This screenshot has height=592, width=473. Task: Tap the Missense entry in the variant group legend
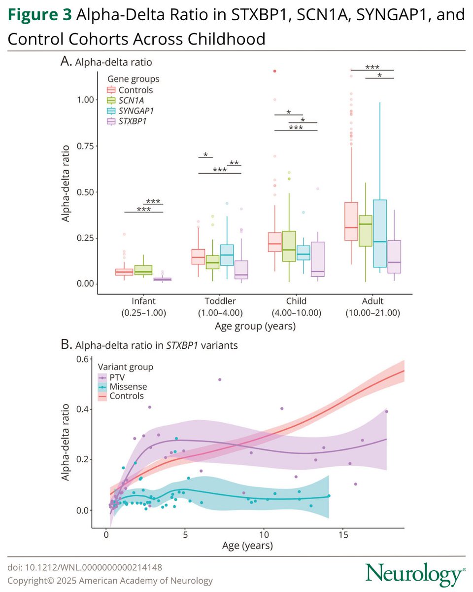pos(128,386)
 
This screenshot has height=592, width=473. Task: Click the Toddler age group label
pos(220,301)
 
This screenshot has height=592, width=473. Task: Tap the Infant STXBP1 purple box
pos(162,279)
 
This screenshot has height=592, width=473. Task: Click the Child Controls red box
pos(274,242)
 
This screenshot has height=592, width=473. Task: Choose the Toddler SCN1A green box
pos(212,262)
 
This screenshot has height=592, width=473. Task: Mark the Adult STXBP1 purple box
pos(394,257)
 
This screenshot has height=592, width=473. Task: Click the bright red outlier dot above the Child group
pos(274,71)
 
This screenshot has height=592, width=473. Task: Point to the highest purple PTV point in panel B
pos(220,379)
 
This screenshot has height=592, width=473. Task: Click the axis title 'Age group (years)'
pos(255,326)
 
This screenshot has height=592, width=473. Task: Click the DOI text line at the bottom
pos(85,568)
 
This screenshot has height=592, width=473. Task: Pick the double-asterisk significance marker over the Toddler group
pos(234,163)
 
